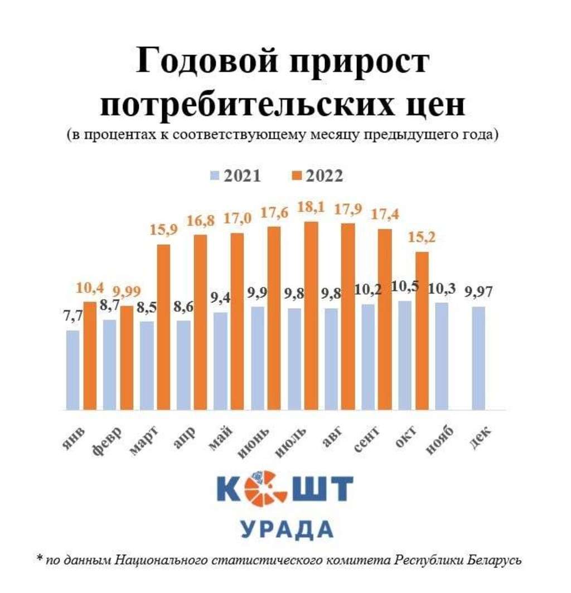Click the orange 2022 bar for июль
tap(311, 315)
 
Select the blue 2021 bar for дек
tap(479, 358)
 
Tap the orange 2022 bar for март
tap(163, 327)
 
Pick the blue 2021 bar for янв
tap(72, 370)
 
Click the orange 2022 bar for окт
tap(422, 331)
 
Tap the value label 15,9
tap(164, 230)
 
